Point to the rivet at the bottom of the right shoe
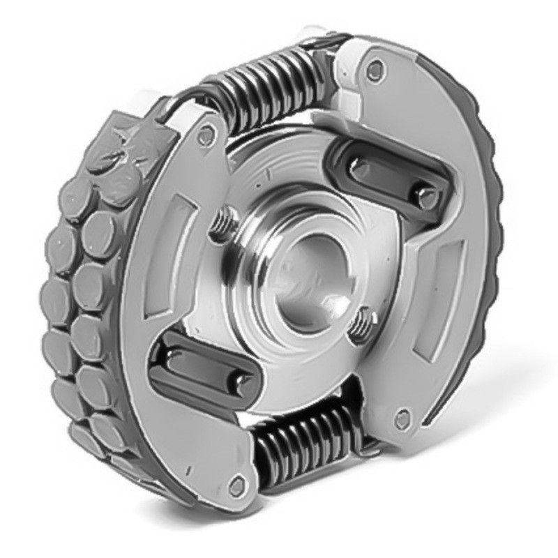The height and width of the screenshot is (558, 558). (x=400, y=419)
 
